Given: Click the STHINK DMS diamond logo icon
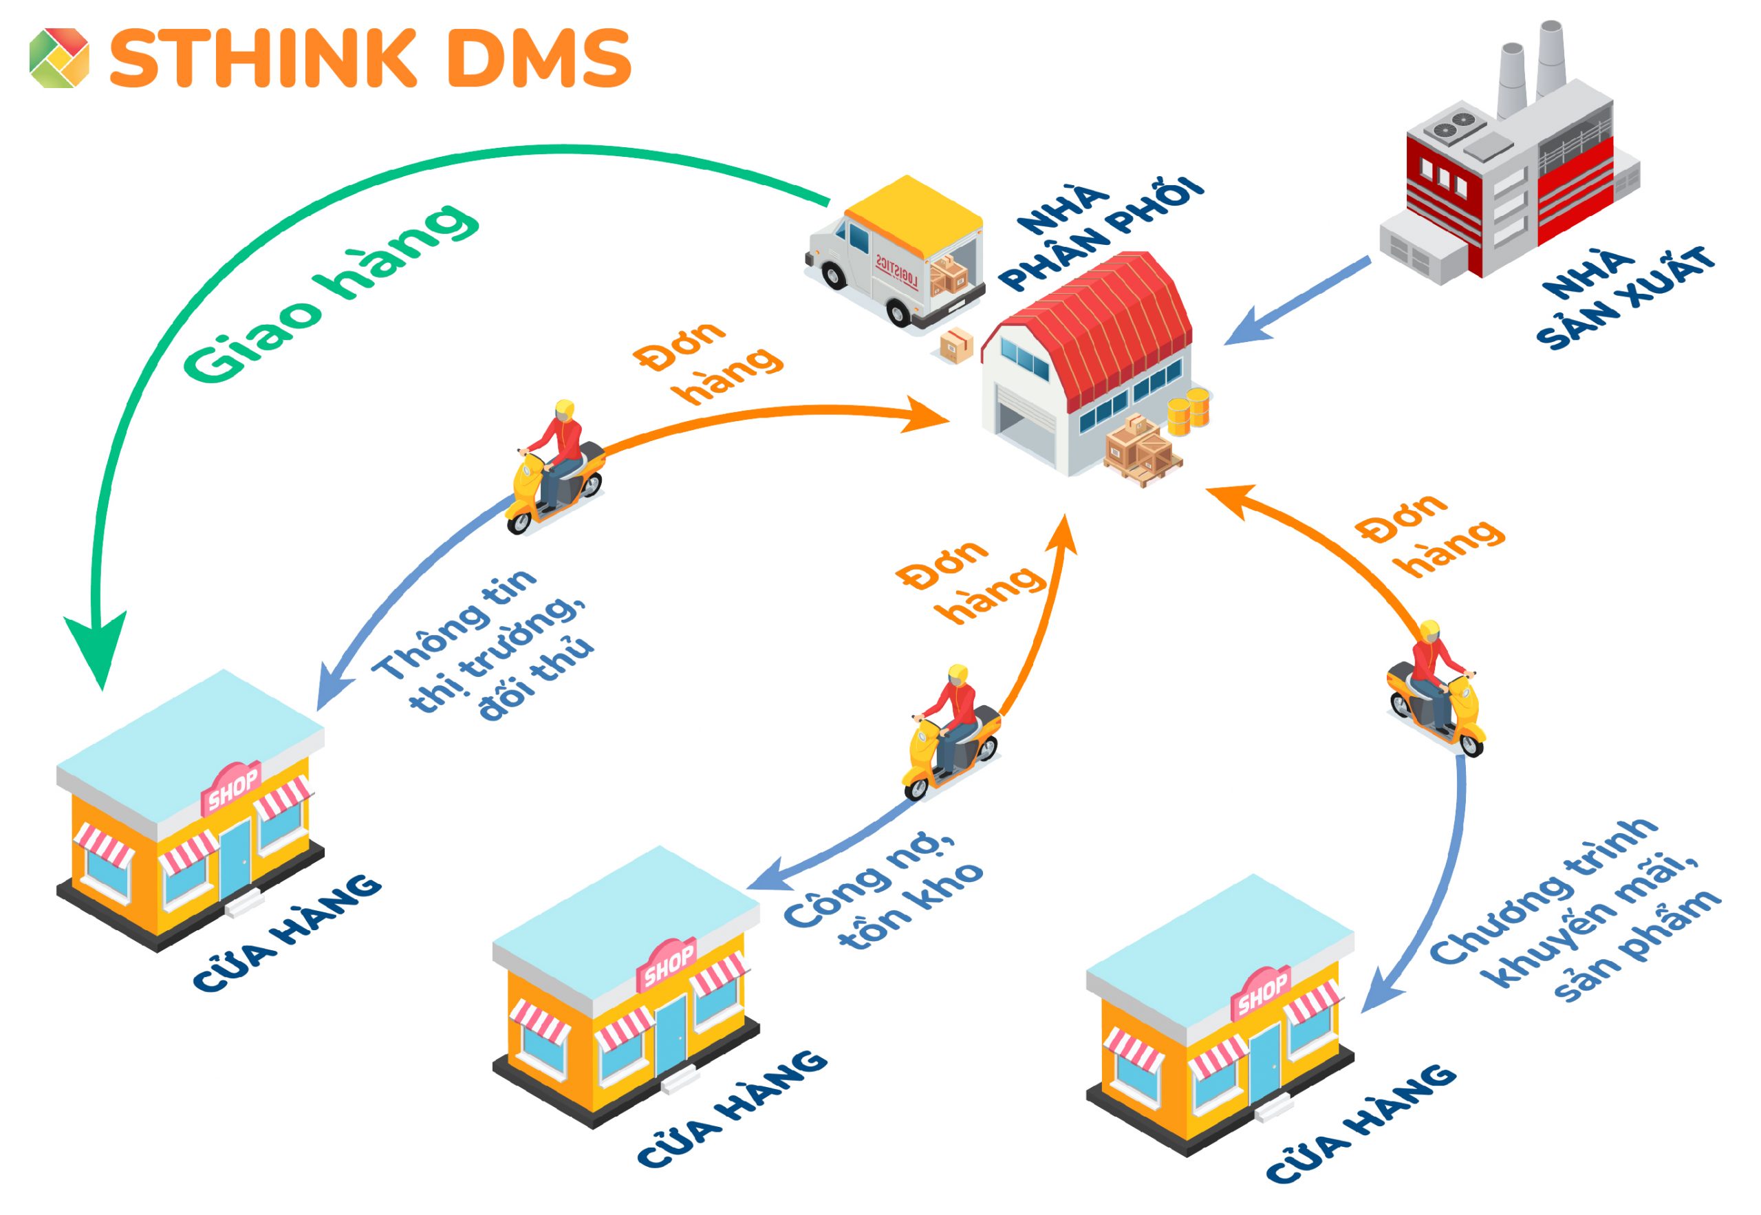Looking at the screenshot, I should coord(59,58).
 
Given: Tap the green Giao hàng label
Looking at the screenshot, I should coord(331,293).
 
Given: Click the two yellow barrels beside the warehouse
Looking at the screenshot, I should coord(1189,409).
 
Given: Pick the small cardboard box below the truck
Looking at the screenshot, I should coord(956,346).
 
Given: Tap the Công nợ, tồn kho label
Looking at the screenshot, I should coord(883,894).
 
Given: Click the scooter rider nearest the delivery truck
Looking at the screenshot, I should coord(556,469).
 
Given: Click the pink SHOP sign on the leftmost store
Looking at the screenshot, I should coord(231,788).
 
